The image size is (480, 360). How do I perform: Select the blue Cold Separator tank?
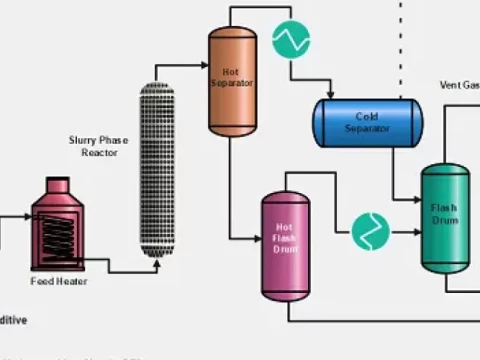tap(368, 120)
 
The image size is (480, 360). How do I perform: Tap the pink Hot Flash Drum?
tap(285, 245)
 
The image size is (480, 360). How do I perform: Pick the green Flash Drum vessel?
tap(445, 218)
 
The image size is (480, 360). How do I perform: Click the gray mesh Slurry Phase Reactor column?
tap(157, 170)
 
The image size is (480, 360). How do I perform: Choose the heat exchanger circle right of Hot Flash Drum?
tap(370, 231)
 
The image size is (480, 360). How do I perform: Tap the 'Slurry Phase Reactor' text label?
tap(98, 147)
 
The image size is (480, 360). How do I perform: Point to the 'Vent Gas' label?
tap(459, 85)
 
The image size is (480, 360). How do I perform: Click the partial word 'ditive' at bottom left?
tap(13, 320)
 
